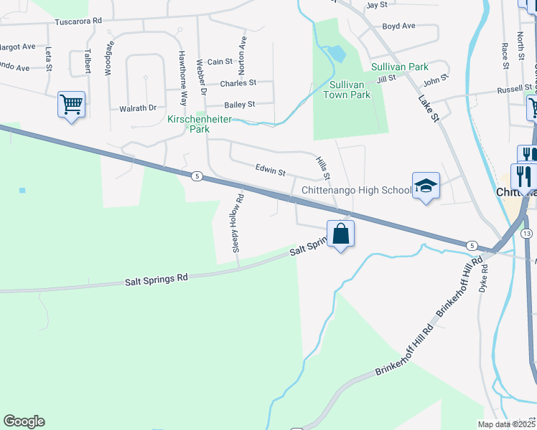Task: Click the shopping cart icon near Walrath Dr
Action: click(71, 104)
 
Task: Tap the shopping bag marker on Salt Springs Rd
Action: click(340, 234)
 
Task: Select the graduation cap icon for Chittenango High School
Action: click(426, 186)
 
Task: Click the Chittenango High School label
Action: click(356, 190)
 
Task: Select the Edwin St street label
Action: click(271, 172)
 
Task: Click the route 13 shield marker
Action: click(527, 234)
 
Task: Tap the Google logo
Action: click(24, 421)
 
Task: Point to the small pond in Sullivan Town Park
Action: click(335, 53)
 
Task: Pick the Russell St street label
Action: click(515, 90)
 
